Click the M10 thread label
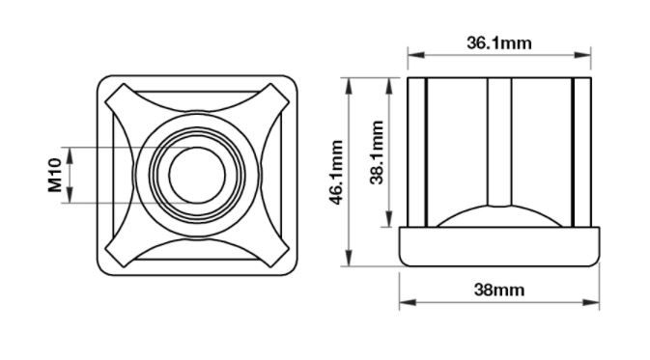[x=55, y=176]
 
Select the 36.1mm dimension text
[x=499, y=43]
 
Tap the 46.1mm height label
[x=336, y=173]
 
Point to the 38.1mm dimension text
[x=377, y=152]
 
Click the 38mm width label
[x=499, y=290]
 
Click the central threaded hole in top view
[x=197, y=176]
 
